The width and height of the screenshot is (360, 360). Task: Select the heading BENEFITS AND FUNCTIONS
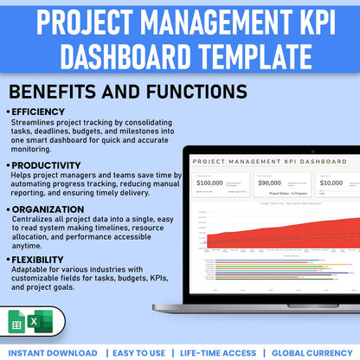tap(127, 91)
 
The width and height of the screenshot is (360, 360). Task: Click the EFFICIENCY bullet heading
tap(38, 112)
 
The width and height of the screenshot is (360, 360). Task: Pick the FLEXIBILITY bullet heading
tap(41, 259)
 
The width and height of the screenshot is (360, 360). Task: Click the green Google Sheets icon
tap(17, 322)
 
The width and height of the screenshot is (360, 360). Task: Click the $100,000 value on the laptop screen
tap(210, 183)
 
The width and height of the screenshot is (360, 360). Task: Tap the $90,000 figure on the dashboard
tap(269, 183)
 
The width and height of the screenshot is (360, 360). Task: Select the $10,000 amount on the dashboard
tap(330, 183)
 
